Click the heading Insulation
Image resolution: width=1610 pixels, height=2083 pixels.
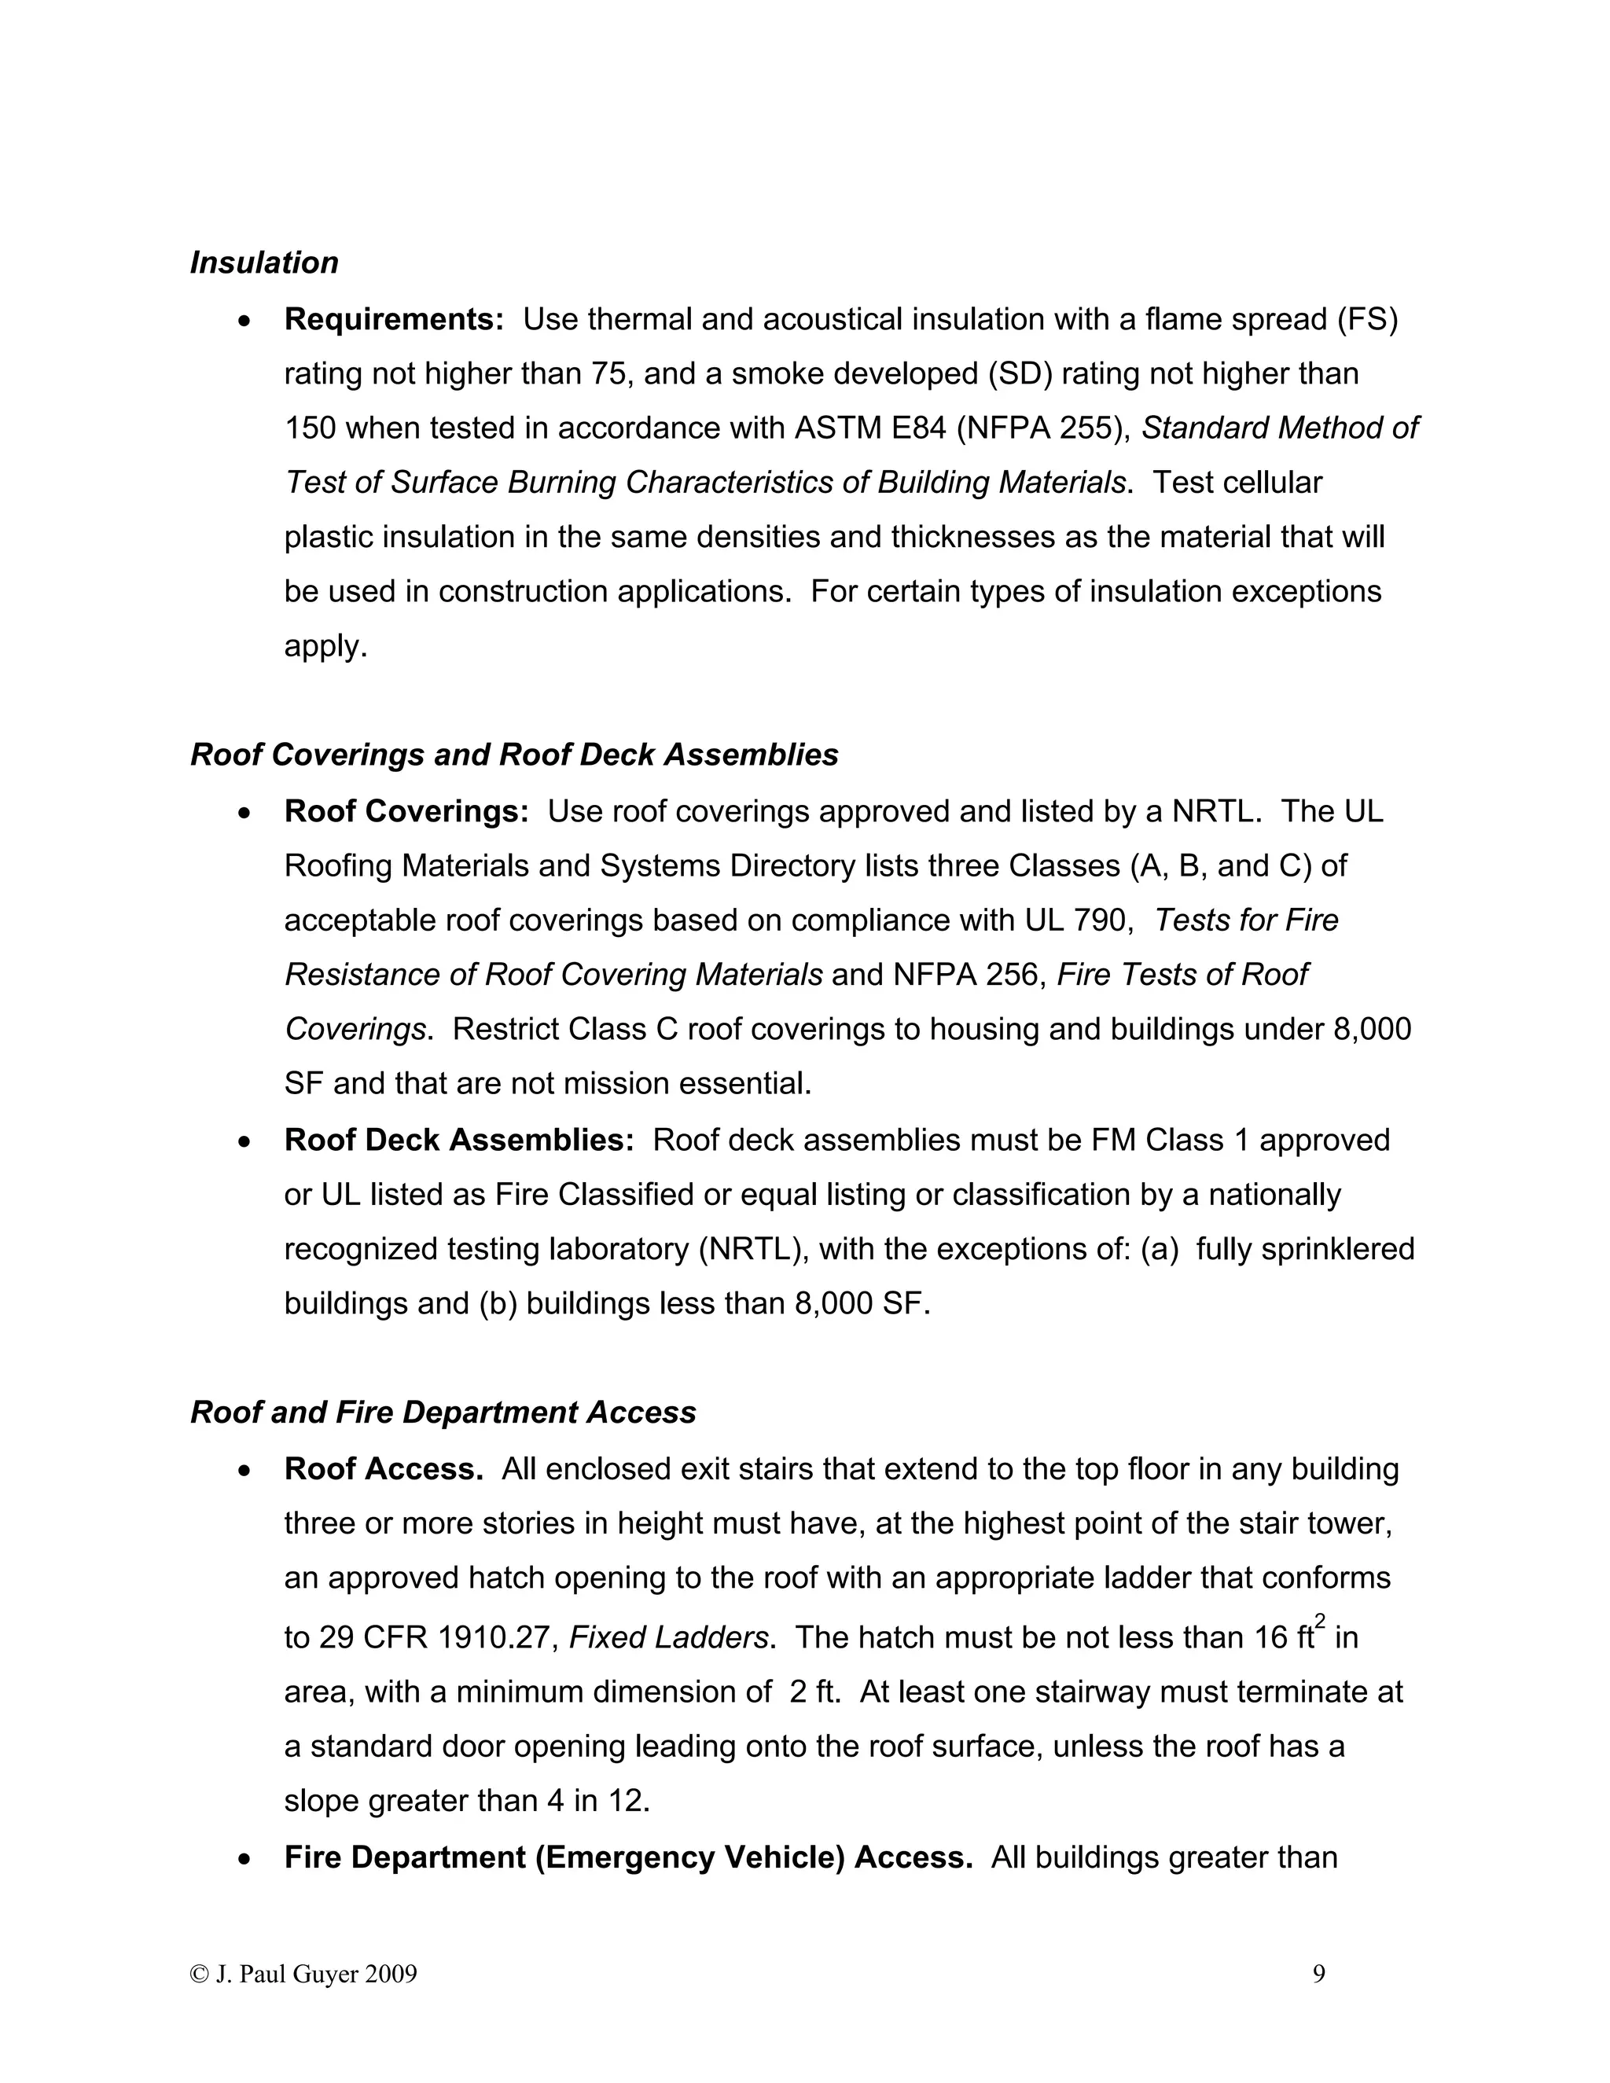coord(264,263)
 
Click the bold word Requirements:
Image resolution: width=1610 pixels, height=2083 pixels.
coord(394,319)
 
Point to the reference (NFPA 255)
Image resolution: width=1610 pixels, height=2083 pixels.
coord(1043,428)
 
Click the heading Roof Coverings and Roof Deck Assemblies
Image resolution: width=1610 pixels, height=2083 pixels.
coord(514,755)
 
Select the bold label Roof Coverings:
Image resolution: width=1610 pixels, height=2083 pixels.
coord(406,812)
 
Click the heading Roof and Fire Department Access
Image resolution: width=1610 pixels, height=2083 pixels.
coord(443,1413)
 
